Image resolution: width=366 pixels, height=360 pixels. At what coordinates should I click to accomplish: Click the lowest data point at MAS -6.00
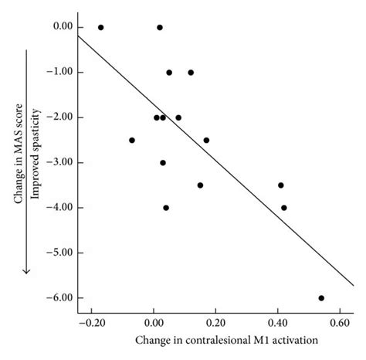click(321, 297)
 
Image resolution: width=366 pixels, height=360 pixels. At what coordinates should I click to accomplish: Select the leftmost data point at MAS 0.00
click(100, 27)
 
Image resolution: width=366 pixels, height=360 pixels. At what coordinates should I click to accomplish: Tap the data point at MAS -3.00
click(163, 162)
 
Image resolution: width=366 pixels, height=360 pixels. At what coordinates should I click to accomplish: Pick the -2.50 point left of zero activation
click(132, 140)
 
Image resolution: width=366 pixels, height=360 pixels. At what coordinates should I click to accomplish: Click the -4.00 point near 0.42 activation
click(284, 207)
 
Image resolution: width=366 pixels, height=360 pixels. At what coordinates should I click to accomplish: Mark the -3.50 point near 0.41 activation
click(281, 185)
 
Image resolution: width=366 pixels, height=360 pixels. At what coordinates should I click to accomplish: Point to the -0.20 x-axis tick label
click(92, 322)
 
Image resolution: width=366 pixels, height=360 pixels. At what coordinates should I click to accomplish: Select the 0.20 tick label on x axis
click(215, 322)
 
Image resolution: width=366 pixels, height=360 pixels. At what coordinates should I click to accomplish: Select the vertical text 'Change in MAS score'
click(18, 161)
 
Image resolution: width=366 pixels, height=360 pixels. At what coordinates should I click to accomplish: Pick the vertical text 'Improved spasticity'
click(34, 161)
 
